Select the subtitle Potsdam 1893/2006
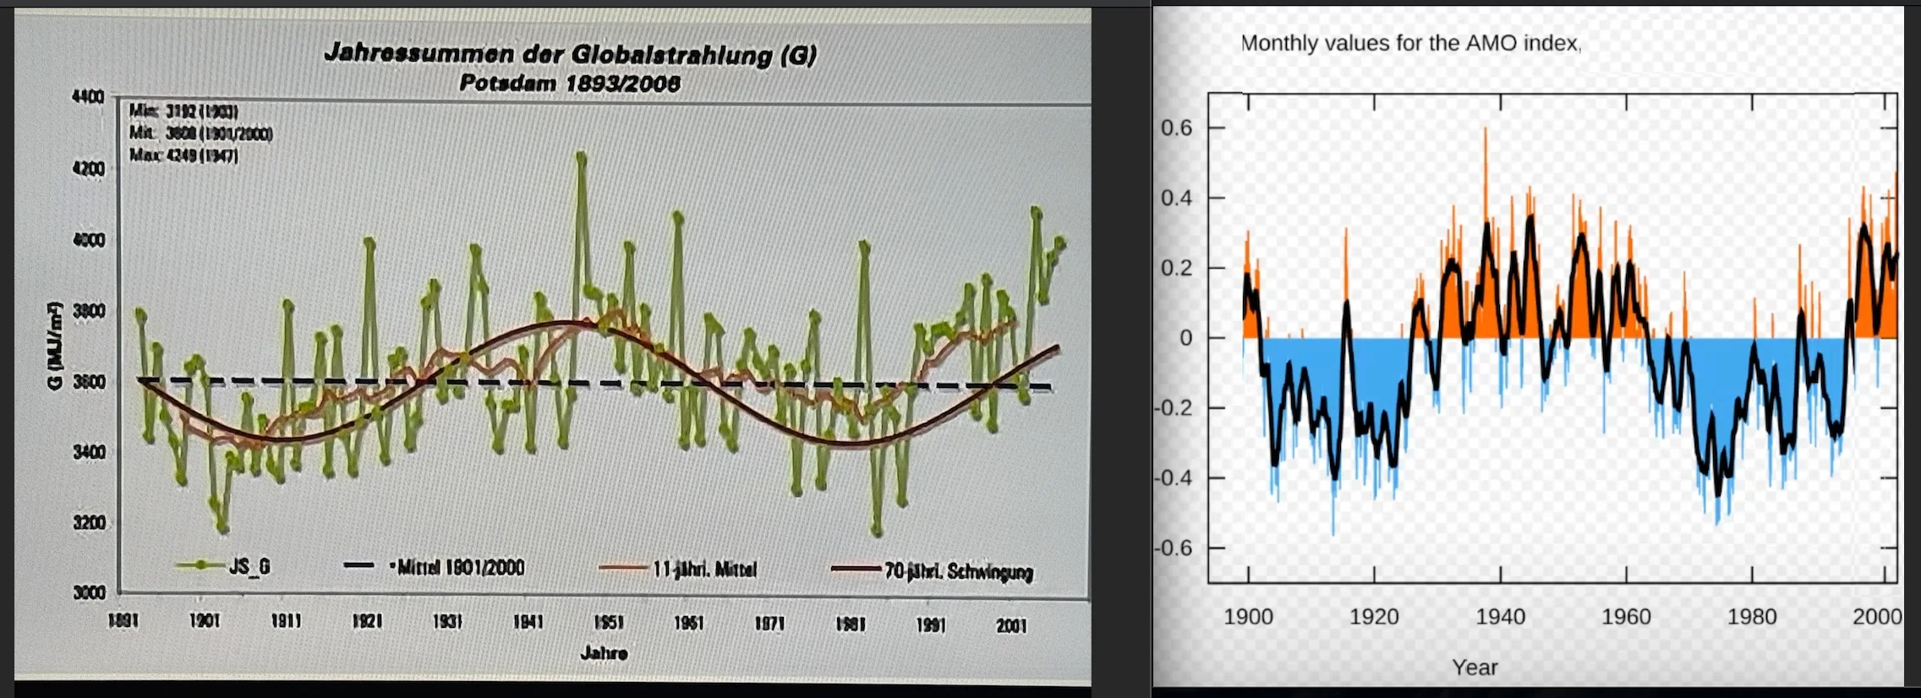coord(570,84)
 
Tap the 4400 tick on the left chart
coord(88,97)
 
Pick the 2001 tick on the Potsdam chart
coord(1011,625)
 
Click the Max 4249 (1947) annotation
coord(183,156)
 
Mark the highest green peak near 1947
coord(581,155)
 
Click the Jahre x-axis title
coord(604,653)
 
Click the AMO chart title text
coord(1409,43)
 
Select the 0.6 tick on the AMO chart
coord(1176,128)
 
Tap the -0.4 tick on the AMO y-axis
coord(1174,478)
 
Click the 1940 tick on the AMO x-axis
coord(1500,617)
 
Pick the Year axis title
coord(1475,668)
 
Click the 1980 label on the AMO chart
coord(1751,617)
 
